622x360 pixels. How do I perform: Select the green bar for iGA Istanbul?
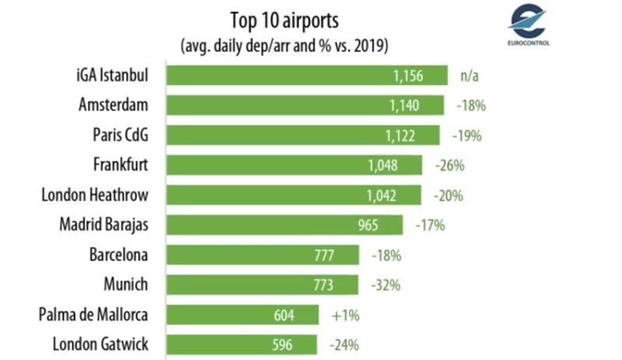coord(307,75)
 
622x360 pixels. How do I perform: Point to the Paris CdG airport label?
coord(121,135)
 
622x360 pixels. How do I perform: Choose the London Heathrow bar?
coord(295,195)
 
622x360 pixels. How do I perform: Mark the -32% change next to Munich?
coord(384,285)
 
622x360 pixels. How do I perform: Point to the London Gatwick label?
coord(100,344)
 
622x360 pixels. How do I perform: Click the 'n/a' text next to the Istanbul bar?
coord(468,76)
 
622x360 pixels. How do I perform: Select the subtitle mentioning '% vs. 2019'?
coord(284,43)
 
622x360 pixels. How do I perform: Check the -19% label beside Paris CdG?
coord(466,135)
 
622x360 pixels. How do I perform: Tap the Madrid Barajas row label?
coord(103,225)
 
